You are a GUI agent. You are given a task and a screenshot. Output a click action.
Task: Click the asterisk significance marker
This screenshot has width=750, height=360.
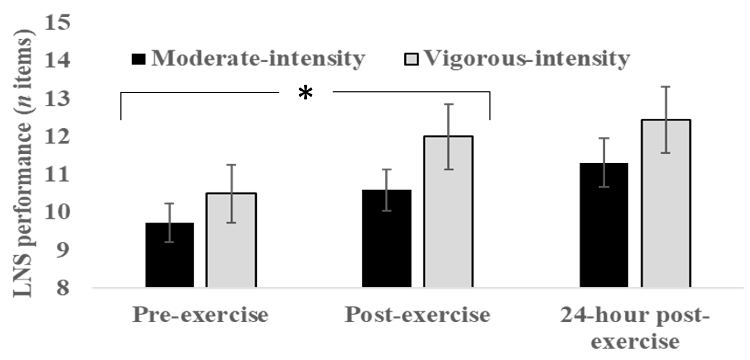pos(305,93)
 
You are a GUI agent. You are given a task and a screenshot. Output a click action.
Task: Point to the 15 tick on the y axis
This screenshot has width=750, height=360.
pos(57,23)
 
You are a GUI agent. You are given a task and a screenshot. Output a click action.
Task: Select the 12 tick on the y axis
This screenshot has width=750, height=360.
pos(57,137)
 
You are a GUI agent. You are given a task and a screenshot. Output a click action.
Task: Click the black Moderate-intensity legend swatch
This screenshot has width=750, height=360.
pos(138,59)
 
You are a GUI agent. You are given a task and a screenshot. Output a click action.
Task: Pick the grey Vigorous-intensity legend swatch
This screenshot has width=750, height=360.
pos(411,59)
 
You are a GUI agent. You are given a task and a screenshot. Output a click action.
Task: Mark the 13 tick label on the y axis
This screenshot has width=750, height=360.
pos(57,99)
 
